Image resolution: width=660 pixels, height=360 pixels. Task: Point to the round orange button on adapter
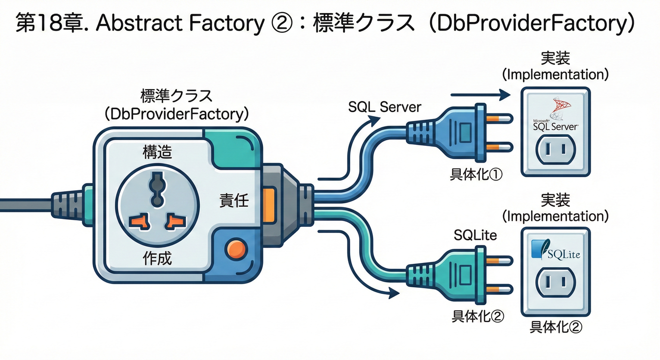click(x=235, y=248)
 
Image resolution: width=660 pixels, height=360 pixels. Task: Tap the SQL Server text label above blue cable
click(x=385, y=107)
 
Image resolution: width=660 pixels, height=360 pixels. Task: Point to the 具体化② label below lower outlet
click(x=555, y=327)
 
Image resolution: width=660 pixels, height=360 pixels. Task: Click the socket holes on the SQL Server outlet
click(x=555, y=149)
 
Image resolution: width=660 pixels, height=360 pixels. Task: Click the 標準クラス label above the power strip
click(x=176, y=96)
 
